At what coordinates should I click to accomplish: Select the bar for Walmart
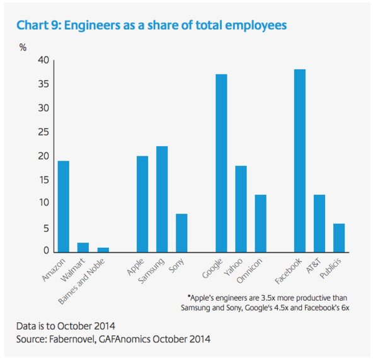[x=83, y=247]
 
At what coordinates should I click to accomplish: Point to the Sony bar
[x=181, y=233]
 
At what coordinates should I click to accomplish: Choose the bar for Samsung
[x=162, y=199]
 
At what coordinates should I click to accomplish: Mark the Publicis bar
[x=339, y=238]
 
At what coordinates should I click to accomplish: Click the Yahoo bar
[x=241, y=209]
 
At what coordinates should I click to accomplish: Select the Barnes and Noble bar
[x=103, y=250]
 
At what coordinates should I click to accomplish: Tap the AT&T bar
[x=319, y=223]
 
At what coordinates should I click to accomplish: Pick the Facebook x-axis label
[x=289, y=271]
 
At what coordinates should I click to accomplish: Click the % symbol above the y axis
[x=23, y=48]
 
